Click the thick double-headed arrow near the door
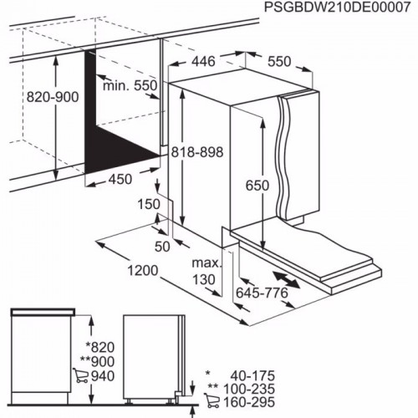tap(288, 279)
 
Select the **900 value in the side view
tap(98, 361)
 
